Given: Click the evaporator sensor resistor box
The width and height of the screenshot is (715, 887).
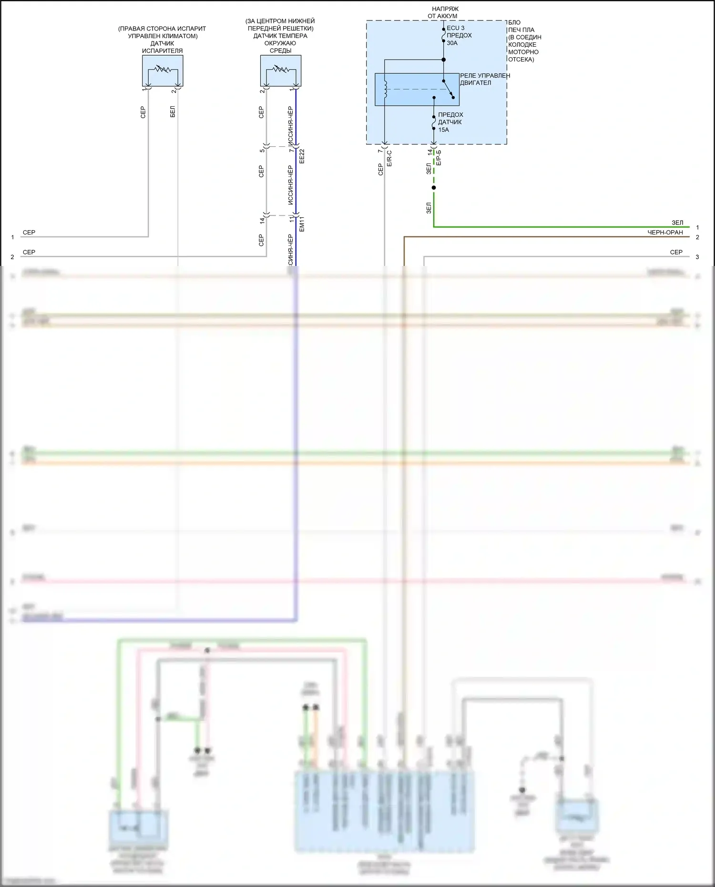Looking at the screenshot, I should [x=163, y=71].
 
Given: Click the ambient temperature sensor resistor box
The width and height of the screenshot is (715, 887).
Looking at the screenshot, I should [x=281, y=71].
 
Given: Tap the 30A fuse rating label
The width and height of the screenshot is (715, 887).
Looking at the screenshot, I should [x=452, y=43].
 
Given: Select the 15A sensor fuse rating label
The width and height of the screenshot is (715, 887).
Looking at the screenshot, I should [x=444, y=130].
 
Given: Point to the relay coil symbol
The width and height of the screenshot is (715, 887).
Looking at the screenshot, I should [x=385, y=89].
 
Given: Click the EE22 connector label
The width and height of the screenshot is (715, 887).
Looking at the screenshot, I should [x=302, y=156].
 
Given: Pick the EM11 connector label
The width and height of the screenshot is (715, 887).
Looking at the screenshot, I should [x=302, y=224].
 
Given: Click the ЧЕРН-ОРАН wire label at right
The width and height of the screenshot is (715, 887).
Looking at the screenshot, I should [x=665, y=233].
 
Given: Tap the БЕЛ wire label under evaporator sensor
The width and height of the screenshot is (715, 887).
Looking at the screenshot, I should [x=173, y=112].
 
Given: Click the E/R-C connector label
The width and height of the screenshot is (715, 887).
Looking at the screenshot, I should [x=389, y=158].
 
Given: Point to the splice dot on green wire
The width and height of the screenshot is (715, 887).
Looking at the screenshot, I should [x=434, y=188].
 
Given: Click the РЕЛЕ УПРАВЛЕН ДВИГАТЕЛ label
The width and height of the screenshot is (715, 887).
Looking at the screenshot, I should [x=484, y=79].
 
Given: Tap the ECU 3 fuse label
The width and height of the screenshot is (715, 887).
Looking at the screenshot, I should [x=456, y=28].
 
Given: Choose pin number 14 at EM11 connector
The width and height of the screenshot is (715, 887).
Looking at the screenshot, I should [x=262, y=221].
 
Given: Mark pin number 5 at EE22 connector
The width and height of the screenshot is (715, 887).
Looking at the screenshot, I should [x=262, y=151].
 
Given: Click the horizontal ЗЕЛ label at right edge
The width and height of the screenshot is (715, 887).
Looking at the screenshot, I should [x=677, y=223].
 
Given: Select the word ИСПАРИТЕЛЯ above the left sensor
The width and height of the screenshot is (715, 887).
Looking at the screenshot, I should [x=163, y=51].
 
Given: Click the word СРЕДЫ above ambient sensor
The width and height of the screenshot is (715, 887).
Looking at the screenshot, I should [x=280, y=51].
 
